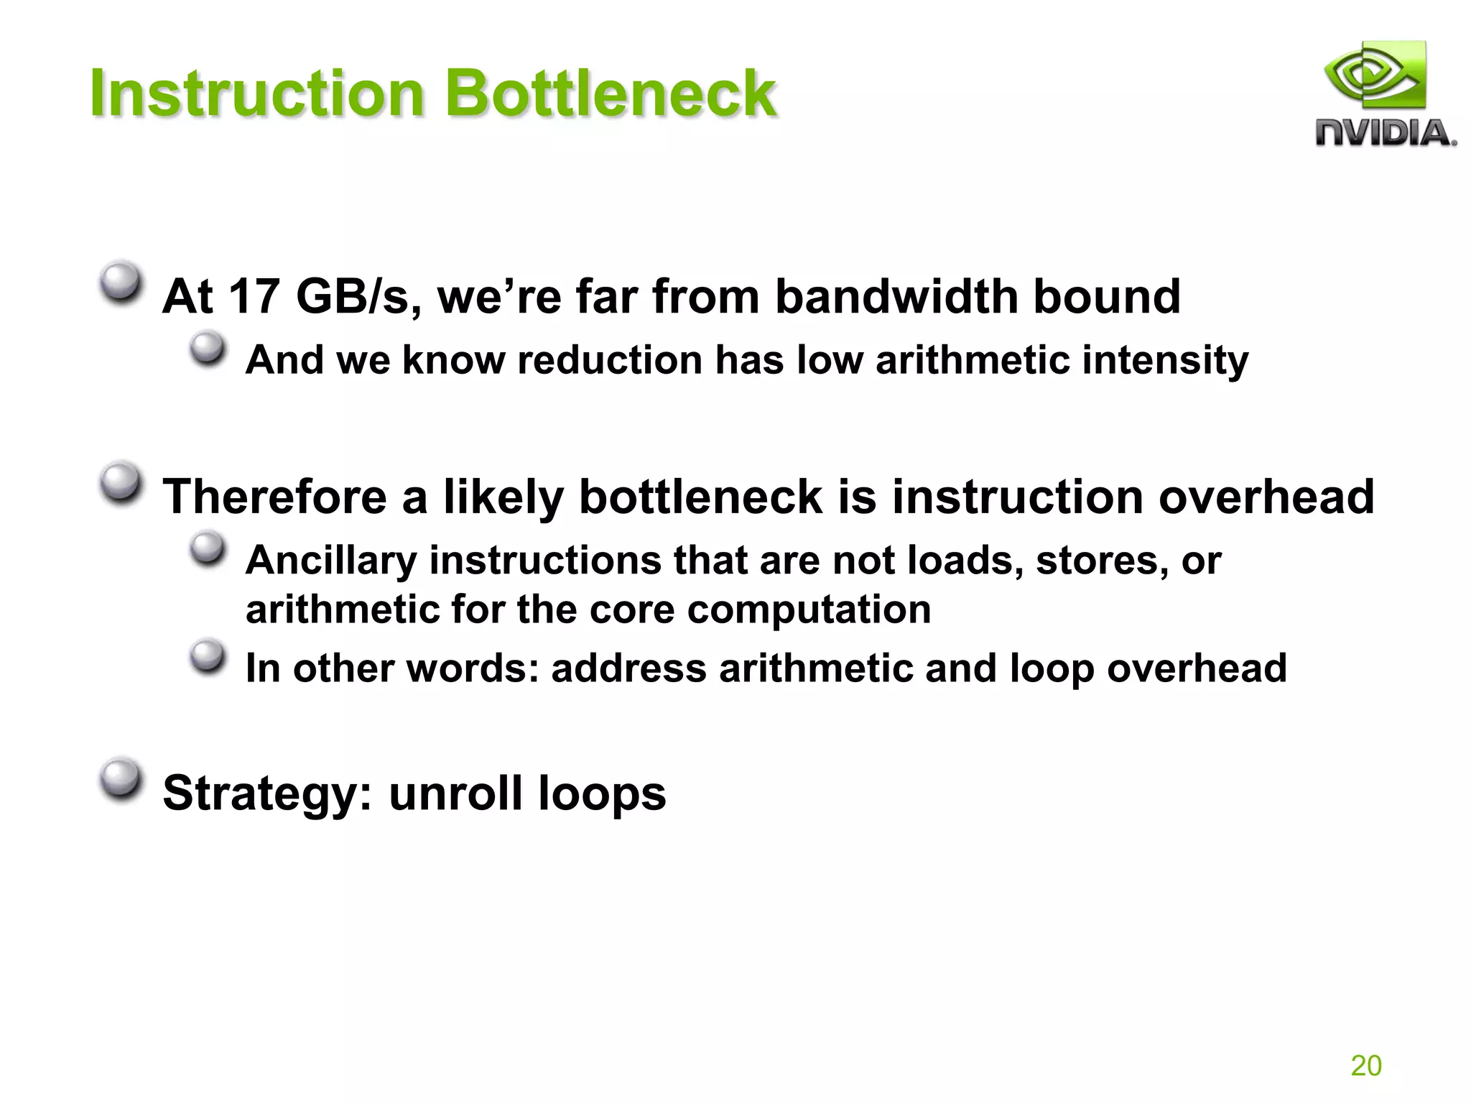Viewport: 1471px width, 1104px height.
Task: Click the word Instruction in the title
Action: pos(257,93)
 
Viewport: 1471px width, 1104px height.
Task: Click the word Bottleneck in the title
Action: pos(611,93)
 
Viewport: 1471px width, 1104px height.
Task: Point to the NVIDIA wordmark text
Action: pos(1385,134)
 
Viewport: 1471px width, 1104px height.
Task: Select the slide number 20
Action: pos(1365,1065)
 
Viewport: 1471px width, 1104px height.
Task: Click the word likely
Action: pos(503,497)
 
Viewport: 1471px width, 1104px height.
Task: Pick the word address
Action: pos(628,668)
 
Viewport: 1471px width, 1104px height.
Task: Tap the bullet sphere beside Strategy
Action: pos(120,778)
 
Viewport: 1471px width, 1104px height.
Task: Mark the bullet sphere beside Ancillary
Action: pos(208,549)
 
